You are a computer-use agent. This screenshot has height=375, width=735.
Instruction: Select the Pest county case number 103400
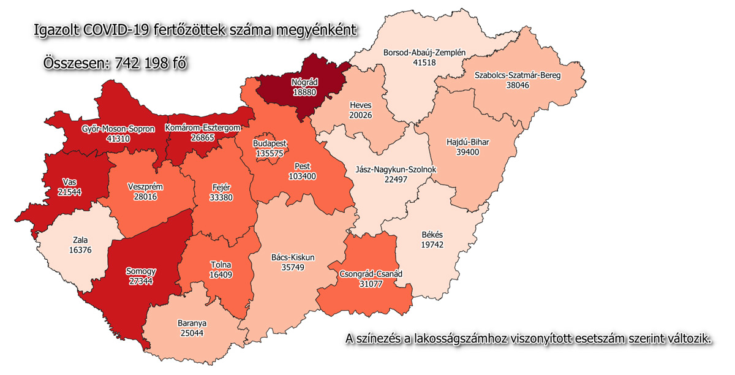coord(302,176)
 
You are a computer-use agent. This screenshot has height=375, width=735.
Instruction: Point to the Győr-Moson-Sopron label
coord(118,129)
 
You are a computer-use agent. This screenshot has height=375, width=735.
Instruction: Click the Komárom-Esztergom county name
coord(202,127)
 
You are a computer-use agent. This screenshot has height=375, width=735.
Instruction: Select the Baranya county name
coord(191,323)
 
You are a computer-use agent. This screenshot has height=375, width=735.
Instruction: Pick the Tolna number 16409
coord(221,275)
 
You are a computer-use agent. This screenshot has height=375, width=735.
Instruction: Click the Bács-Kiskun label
coord(292,257)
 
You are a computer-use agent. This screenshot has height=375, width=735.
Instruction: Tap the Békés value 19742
coord(432,244)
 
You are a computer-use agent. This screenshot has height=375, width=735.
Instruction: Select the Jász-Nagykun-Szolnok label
coord(394,169)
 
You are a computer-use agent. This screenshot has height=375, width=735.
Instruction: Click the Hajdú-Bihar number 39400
coord(468,151)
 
